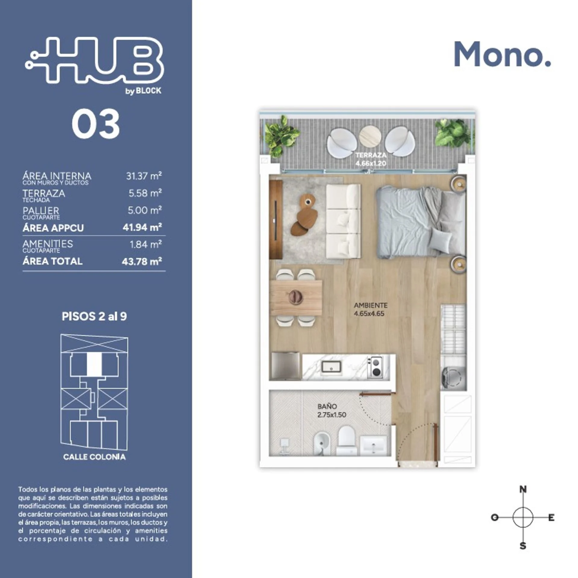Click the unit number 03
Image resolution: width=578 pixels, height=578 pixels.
click(96, 124)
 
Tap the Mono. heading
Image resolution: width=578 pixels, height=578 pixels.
click(502, 54)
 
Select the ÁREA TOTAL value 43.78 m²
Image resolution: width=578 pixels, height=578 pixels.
click(142, 261)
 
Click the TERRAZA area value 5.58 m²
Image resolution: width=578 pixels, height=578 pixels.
click(145, 193)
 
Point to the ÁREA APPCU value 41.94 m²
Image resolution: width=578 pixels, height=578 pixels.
click(142, 227)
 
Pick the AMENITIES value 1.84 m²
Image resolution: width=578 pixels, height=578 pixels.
click(146, 244)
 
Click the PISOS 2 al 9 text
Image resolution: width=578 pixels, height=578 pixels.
click(94, 316)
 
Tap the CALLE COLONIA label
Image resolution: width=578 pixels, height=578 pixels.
click(94, 457)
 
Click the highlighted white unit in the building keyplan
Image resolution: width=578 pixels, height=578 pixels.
click(94, 364)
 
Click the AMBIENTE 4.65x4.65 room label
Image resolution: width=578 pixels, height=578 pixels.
click(370, 309)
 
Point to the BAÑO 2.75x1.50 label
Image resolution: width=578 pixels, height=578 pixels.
click(331, 411)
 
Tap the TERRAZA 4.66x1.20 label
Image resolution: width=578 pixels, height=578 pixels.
click(371, 159)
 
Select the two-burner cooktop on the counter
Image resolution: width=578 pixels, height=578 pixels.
click(375, 367)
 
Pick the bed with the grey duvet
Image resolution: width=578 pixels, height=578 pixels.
click(420, 222)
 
